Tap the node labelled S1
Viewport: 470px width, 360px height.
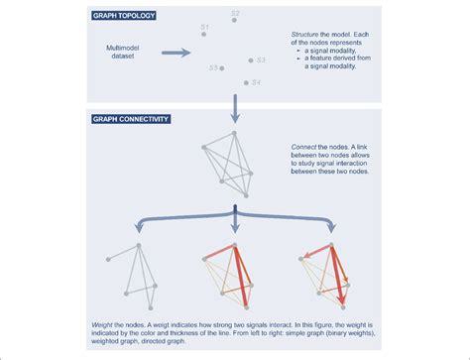203,34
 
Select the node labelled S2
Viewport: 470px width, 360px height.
232,21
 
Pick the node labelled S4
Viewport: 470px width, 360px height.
244,81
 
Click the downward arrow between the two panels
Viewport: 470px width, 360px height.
234,107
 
